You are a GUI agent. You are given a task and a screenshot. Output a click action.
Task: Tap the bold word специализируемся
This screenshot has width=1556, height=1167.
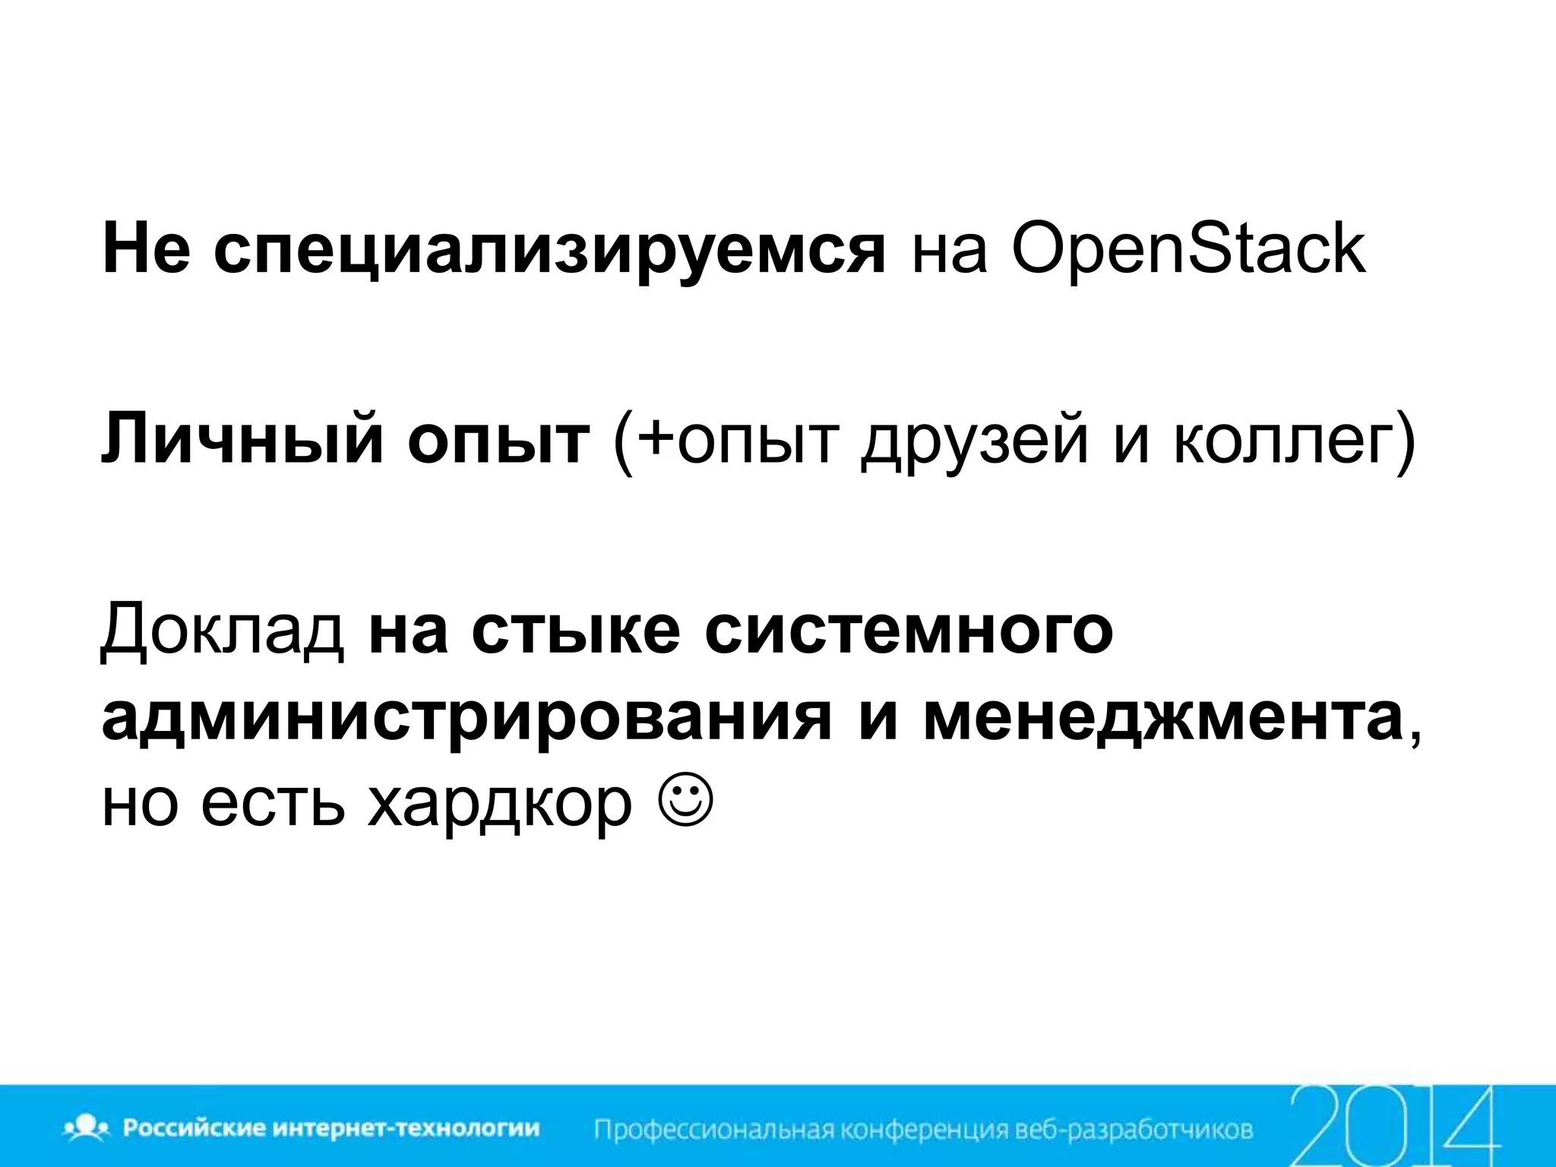[x=549, y=251]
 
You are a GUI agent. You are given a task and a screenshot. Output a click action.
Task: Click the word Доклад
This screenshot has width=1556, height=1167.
[x=223, y=631]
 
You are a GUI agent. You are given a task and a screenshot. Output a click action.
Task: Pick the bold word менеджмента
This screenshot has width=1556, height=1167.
[x=1162, y=718]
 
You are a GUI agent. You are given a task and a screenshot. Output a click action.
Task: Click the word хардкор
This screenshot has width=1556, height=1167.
[x=499, y=804]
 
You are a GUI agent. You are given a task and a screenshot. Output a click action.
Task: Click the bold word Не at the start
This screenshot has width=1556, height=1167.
[x=144, y=251]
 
